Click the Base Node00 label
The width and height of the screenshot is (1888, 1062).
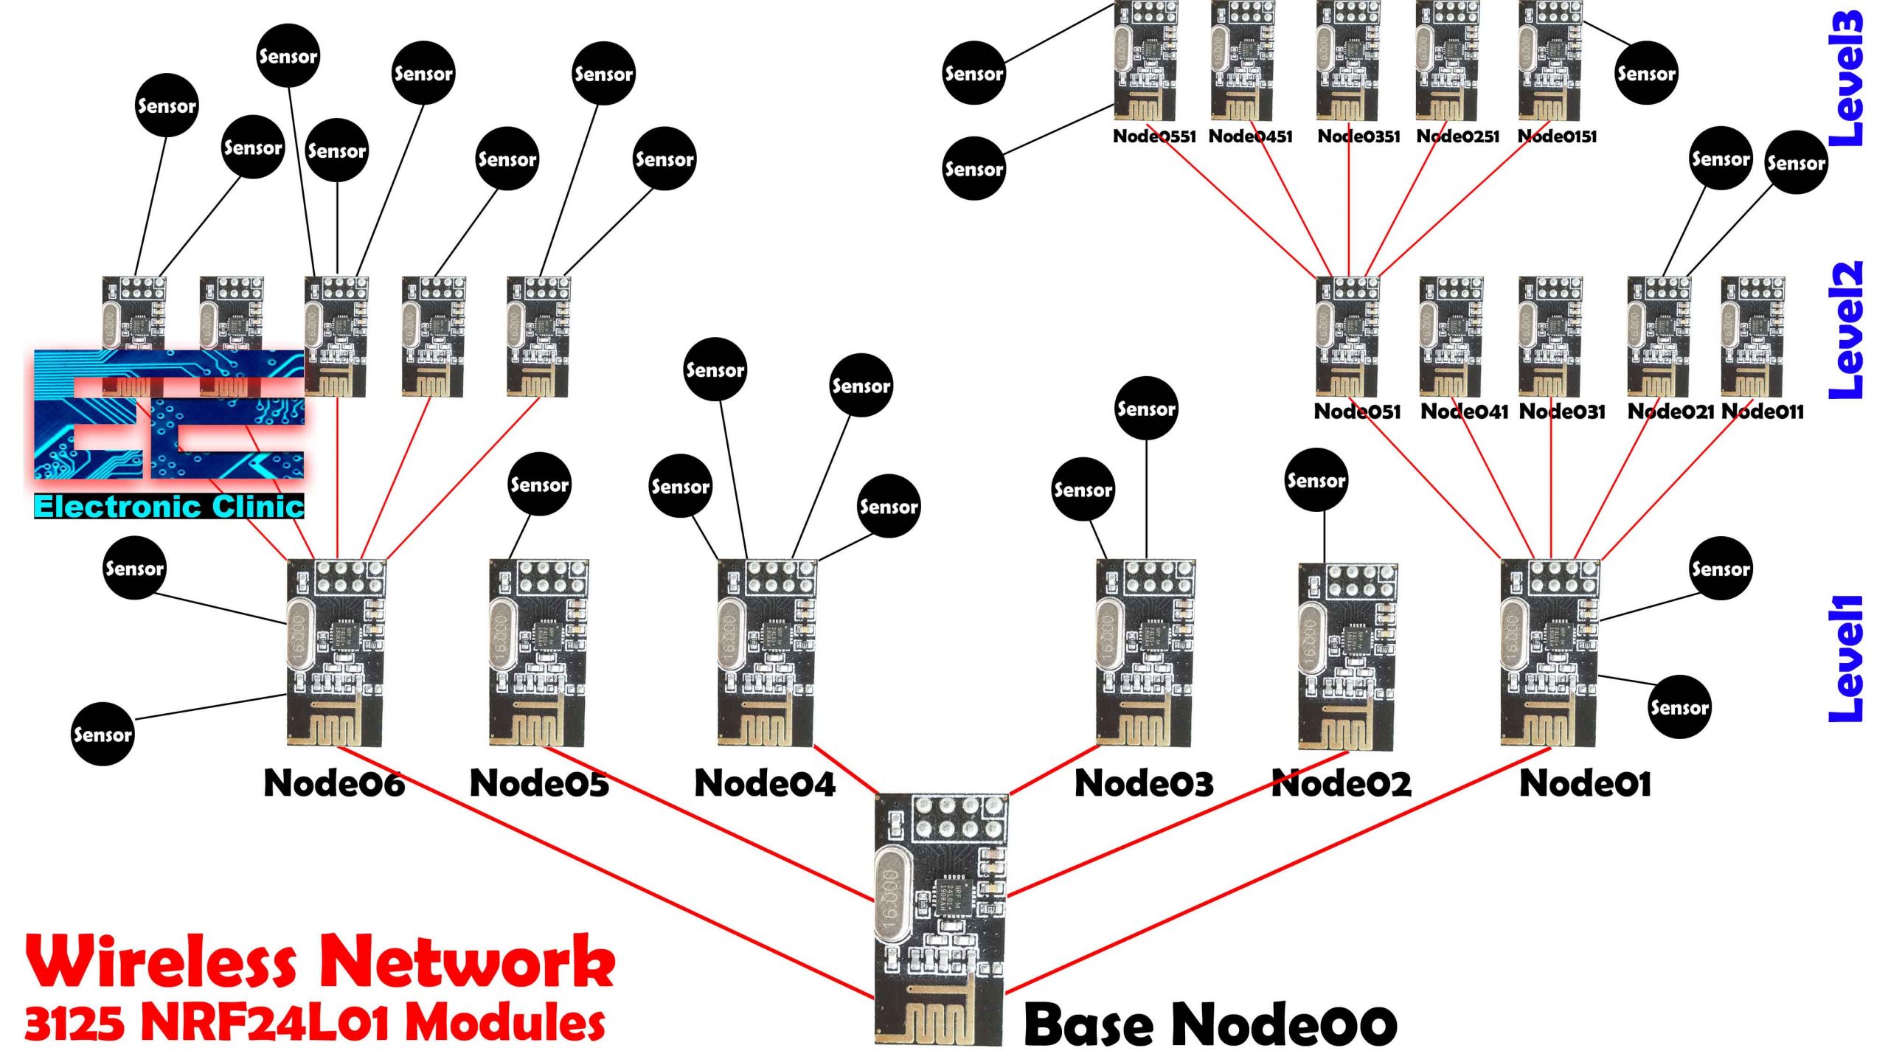coord(1209,1025)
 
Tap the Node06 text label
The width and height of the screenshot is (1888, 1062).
coord(334,783)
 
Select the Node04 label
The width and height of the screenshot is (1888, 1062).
coord(765,783)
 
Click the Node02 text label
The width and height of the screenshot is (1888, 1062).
coord(1342,783)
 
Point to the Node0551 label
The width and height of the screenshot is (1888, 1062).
coord(1154,136)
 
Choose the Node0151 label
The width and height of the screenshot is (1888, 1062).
coord(1557,136)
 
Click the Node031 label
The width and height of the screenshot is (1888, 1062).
coord(1562,412)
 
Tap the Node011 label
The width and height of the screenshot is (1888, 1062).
coord(1763,412)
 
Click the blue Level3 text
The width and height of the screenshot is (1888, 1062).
coord(1847,77)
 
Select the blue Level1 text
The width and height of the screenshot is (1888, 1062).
coord(1847,658)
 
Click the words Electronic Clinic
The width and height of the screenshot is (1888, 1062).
coord(169,507)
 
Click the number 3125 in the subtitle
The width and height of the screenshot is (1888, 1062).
coord(74,1024)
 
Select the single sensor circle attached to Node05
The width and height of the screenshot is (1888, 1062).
coord(539,485)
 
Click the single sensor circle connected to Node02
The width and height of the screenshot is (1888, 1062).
coord(1316,480)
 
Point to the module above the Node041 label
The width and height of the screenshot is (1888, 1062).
coord(1451,336)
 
